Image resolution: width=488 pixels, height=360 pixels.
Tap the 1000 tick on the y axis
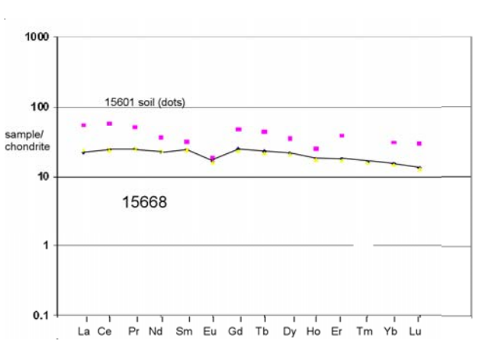37,37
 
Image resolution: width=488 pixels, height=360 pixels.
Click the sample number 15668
144,203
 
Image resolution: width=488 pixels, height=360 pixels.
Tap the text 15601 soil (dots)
145,101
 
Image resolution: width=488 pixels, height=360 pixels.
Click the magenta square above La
83,125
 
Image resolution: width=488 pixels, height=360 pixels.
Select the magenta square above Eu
213,158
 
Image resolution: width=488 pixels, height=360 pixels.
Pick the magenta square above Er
342,136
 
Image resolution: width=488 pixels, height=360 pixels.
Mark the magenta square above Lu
419,143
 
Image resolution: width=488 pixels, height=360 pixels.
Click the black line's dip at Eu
213,160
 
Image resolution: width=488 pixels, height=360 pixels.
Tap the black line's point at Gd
239,149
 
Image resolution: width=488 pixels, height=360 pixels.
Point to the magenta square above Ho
316,149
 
